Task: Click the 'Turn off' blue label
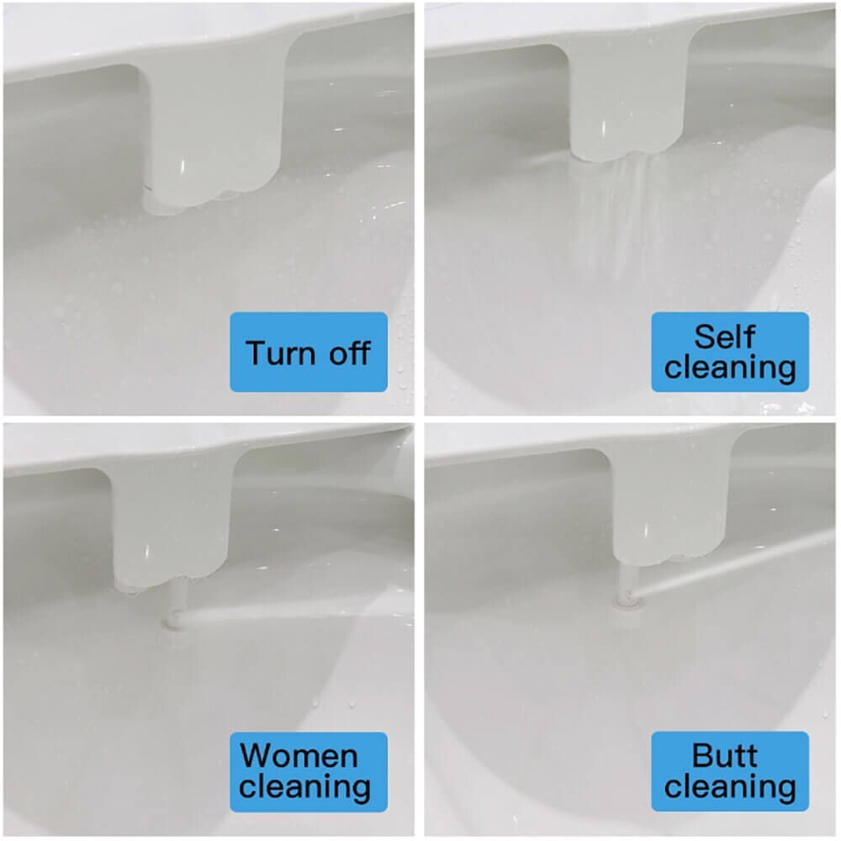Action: click(309, 352)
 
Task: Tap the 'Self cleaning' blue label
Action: click(729, 352)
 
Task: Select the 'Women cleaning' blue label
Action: click(309, 771)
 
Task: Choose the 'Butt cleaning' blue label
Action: click(729, 771)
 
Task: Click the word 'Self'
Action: click(724, 336)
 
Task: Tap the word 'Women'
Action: click(299, 755)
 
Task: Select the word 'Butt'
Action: click(724, 755)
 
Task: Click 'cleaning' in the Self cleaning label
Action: click(730, 368)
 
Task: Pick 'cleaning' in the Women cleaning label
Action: click(305, 788)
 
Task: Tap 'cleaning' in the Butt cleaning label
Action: click(730, 788)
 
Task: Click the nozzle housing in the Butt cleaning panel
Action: click(664, 513)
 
